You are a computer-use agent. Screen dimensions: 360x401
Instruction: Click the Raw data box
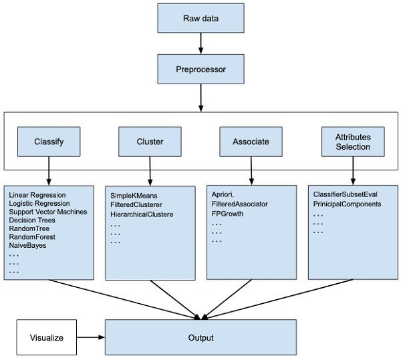coord(200,17)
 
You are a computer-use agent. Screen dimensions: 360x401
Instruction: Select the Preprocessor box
coord(200,69)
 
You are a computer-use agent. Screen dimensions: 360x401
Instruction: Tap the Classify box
coord(48,142)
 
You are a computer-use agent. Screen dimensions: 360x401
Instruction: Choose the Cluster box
coord(150,142)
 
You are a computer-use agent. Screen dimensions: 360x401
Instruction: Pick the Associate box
coord(251,142)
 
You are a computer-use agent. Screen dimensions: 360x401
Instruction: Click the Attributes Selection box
coord(353,142)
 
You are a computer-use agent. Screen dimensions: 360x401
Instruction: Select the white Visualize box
coord(47,337)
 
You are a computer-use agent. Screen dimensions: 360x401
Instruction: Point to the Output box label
coord(200,337)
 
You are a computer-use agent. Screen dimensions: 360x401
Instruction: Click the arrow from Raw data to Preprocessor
coord(200,43)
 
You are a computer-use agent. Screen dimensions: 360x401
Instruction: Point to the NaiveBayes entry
coord(28,245)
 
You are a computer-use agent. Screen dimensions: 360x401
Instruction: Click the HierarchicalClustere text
coord(142,214)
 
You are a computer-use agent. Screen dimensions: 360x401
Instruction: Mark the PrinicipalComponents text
coord(347,204)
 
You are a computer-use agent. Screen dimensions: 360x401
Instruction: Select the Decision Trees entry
coord(32,220)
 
